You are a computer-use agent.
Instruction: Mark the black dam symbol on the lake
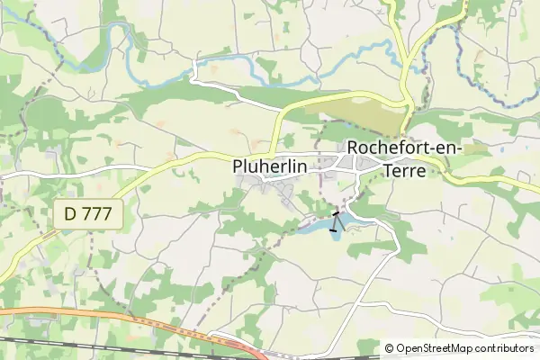point(336,220)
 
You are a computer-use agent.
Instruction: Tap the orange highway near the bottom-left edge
point(54,313)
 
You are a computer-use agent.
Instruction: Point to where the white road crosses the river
point(195,65)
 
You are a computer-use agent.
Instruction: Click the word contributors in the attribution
point(504,348)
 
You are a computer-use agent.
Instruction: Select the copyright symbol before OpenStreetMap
point(390,348)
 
